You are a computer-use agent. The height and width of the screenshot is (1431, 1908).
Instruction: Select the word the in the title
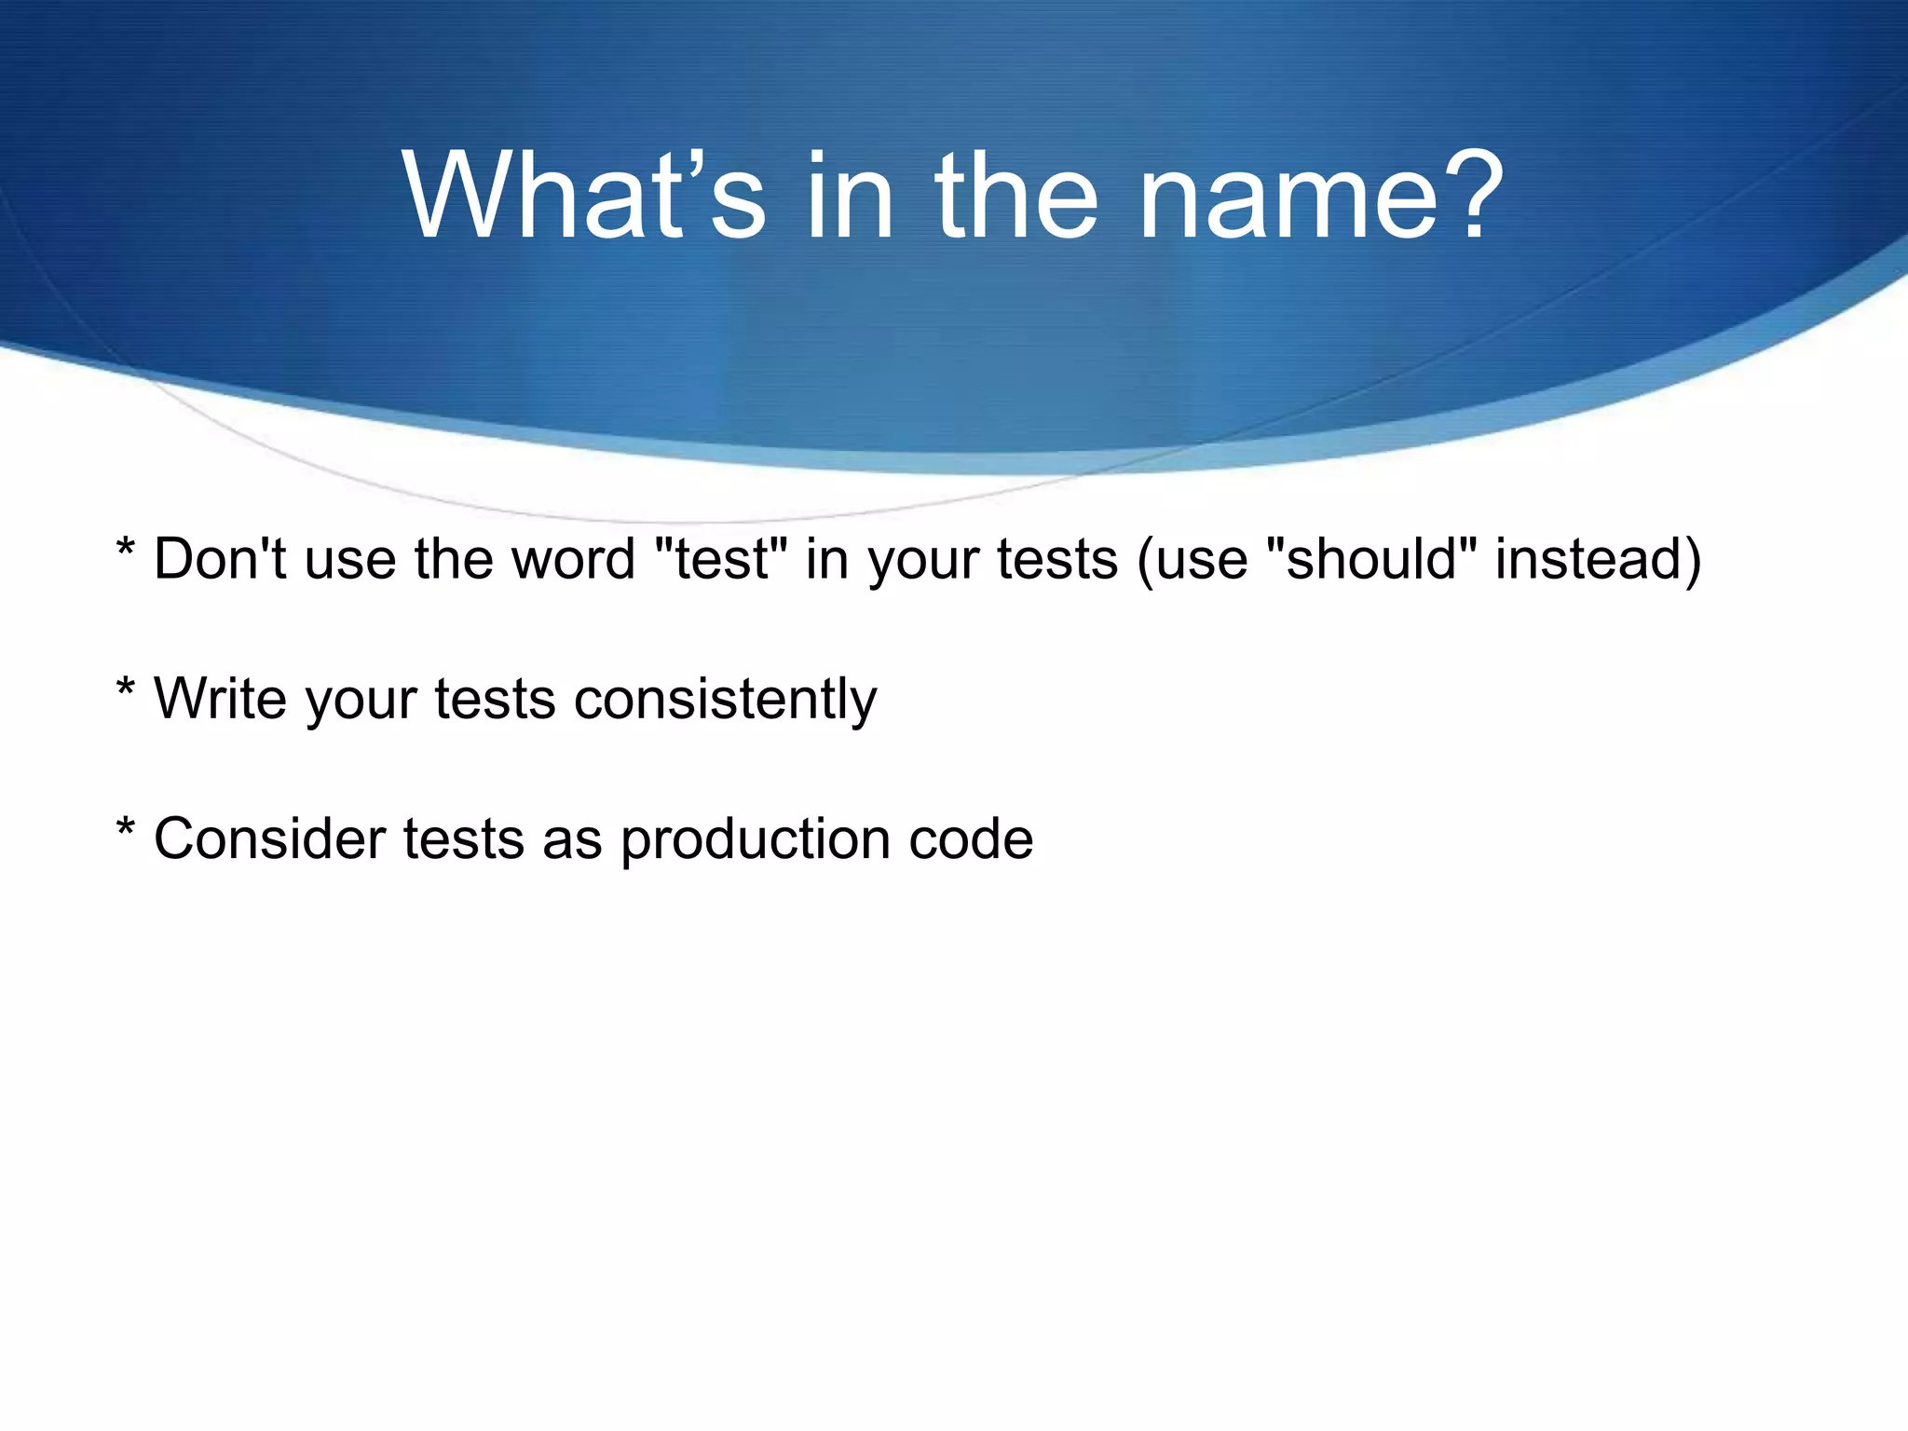point(1016,197)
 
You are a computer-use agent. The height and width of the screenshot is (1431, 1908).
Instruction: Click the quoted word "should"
point(1372,559)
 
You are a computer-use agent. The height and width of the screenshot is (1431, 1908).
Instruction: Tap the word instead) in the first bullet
point(1599,559)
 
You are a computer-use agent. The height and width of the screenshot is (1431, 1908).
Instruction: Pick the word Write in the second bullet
point(220,699)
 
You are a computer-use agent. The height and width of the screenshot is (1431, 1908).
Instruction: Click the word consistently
point(725,699)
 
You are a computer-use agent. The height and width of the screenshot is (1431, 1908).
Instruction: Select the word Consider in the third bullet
point(269,838)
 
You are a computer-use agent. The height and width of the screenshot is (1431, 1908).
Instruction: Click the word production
point(755,840)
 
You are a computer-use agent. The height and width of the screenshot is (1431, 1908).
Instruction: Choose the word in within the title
point(849,197)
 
